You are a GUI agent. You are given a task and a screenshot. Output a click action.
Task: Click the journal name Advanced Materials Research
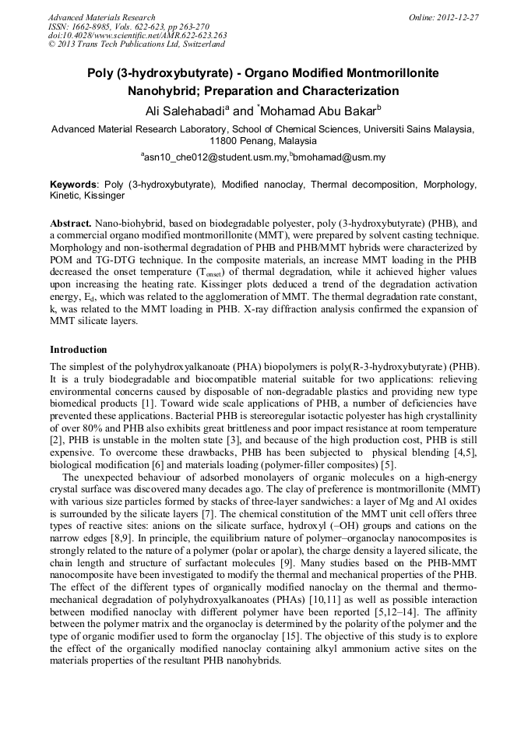(x=101, y=17)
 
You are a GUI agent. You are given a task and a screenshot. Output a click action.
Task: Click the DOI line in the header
(x=137, y=35)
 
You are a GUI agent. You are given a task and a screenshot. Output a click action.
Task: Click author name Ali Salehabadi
(x=185, y=111)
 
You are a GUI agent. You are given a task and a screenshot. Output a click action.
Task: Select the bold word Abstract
(x=71, y=223)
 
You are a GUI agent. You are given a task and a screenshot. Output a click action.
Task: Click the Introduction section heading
(x=79, y=350)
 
